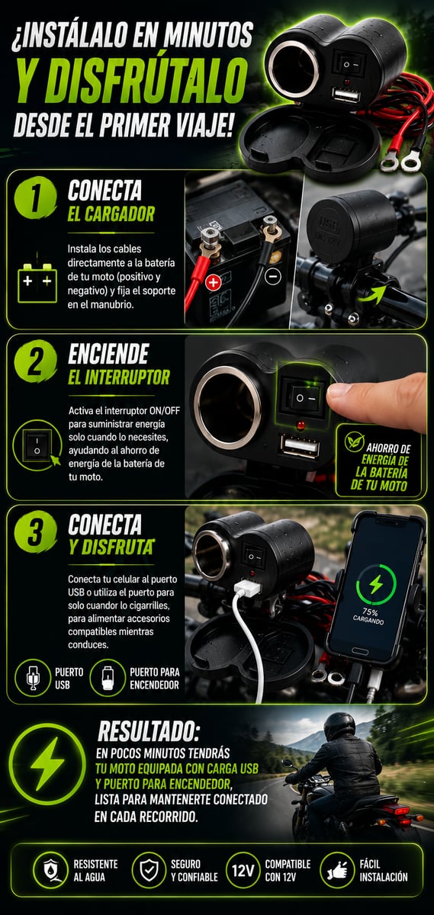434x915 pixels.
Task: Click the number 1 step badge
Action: (x=36, y=198)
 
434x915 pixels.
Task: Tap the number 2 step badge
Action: (x=36, y=362)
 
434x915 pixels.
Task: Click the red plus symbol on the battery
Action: (x=213, y=282)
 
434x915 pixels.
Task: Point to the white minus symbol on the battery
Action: (x=273, y=277)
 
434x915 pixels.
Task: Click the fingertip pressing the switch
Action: (x=339, y=393)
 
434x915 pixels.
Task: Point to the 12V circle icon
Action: (x=243, y=871)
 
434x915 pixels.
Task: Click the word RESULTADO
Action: (x=149, y=730)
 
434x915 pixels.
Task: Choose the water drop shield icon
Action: (x=50, y=871)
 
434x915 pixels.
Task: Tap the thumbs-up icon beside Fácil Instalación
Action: (x=337, y=871)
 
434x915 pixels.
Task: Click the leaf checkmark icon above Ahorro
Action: (x=354, y=441)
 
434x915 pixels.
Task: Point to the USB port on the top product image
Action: (x=346, y=96)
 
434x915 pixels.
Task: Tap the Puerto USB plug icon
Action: (x=33, y=678)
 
